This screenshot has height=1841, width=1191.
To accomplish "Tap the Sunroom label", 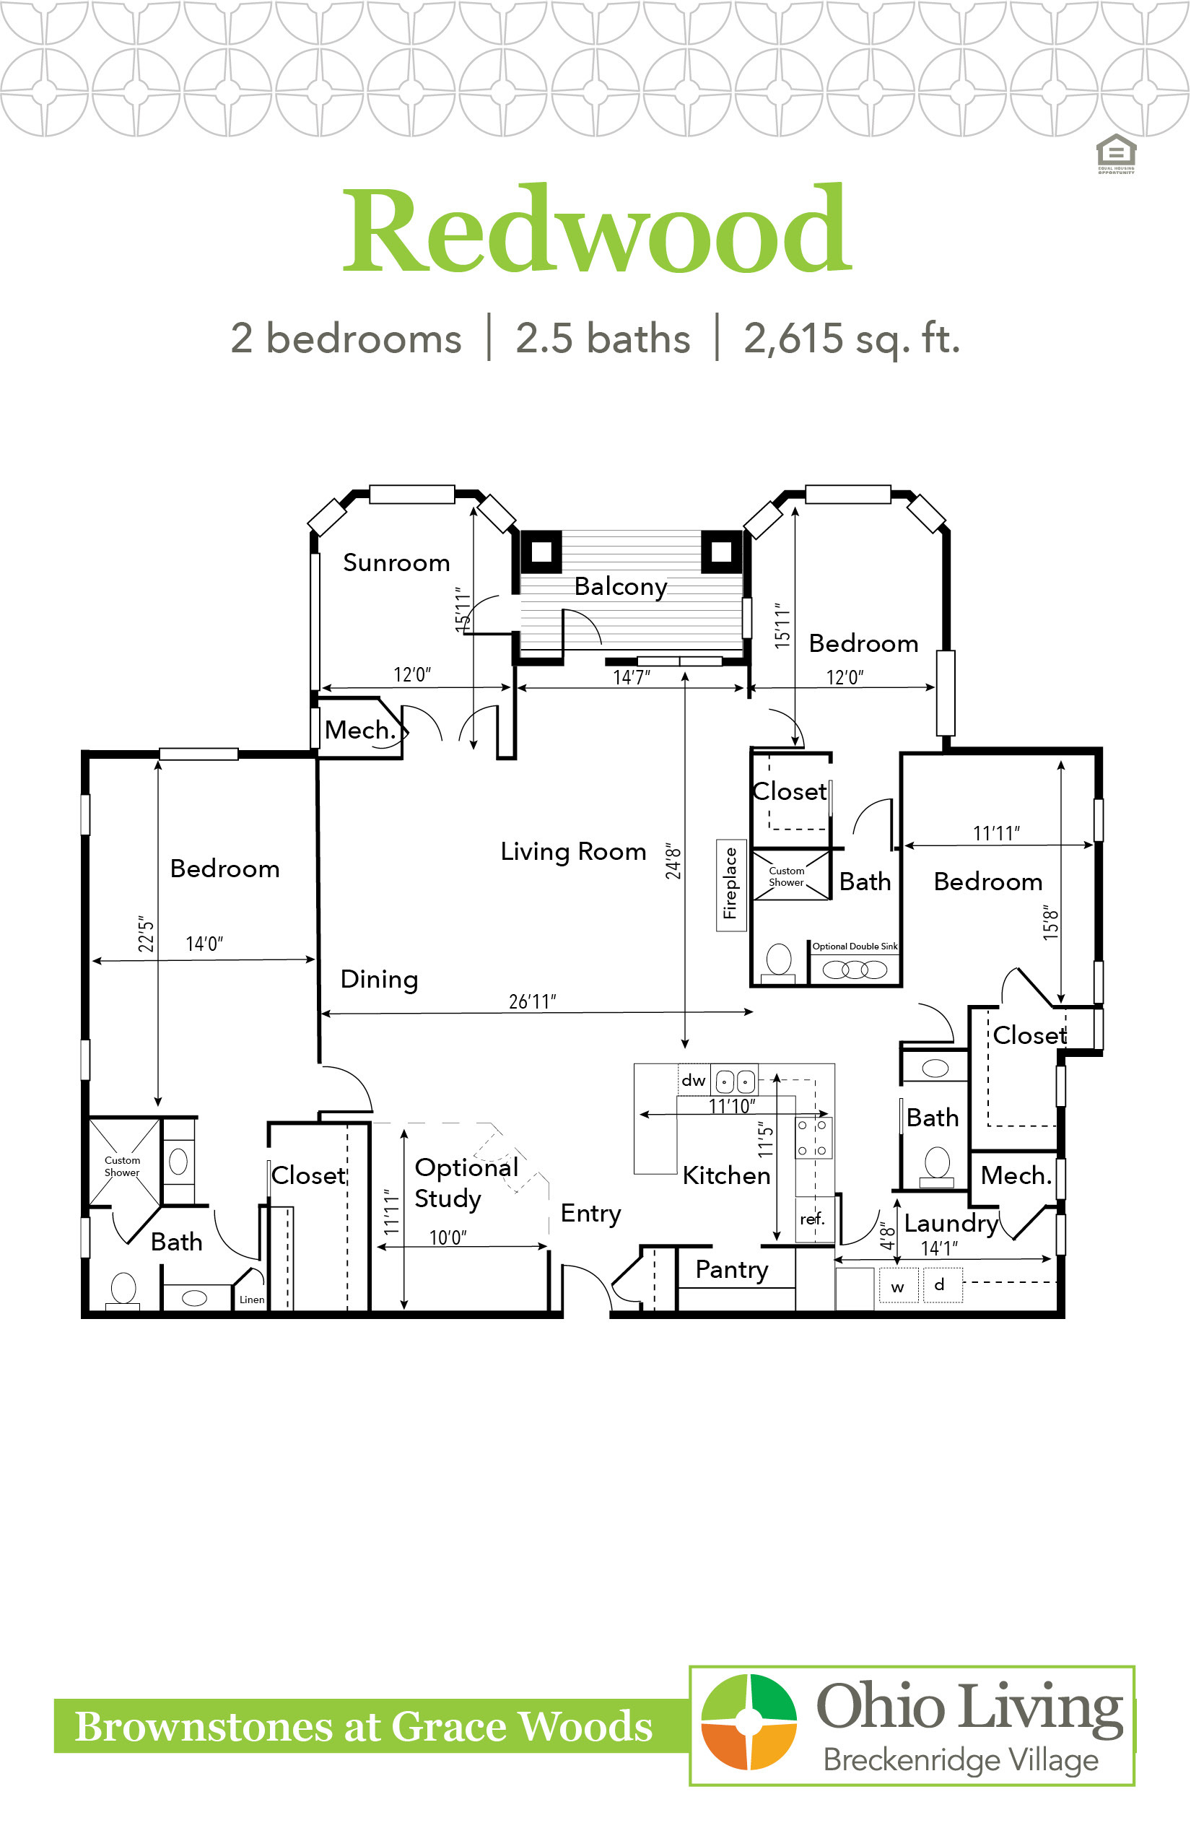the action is [x=396, y=562].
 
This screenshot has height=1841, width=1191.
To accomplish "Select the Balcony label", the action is [x=620, y=587].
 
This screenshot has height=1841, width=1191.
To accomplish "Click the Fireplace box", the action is [x=730, y=884].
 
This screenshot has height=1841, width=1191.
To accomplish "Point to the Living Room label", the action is [x=573, y=852].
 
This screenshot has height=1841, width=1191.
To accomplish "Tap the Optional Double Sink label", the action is [x=855, y=946].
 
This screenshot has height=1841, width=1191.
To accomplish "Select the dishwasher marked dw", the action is [x=694, y=1080].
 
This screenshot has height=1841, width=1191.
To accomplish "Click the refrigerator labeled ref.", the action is [x=813, y=1219].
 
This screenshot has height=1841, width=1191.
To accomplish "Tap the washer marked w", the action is [x=898, y=1285].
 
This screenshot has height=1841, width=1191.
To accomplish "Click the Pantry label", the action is [x=732, y=1270].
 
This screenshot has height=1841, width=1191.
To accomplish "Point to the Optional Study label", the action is [x=466, y=1183].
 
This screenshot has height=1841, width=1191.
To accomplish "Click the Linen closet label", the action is [x=251, y=1300].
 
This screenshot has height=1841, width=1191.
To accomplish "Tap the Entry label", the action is [x=591, y=1214].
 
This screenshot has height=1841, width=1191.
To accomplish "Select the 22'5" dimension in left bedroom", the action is [x=146, y=935].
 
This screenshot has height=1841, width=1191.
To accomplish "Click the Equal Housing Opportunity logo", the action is [x=1116, y=154].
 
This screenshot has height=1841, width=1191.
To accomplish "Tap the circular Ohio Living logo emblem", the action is [x=749, y=1722].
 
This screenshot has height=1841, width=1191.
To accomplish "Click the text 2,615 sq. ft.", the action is [x=852, y=339].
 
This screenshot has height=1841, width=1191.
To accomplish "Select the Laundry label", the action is [x=951, y=1224].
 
